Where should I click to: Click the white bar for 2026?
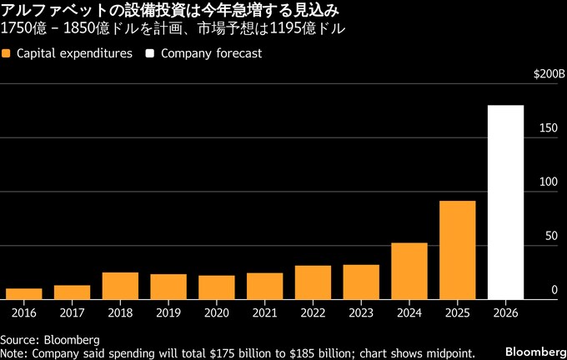pyautogui.click(x=505, y=202)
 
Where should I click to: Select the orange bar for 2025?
pyautogui.click(x=458, y=250)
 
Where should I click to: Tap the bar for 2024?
pyautogui.click(x=409, y=271)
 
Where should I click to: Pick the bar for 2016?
pyautogui.click(x=24, y=294)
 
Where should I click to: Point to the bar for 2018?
pyautogui.click(x=120, y=286)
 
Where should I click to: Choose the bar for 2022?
pyautogui.click(x=313, y=282)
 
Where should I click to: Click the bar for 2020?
pyautogui.click(x=217, y=287)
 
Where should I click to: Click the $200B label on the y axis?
pyautogui.click(x=549, y=75)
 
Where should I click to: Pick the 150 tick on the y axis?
pyautogui.click(x=548, y=128)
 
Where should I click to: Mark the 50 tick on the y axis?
pyautogui.click(x=551, y=236)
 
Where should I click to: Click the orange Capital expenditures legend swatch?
pyautogui.click(x=7, y=53)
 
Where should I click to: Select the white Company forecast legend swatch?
pyautogui.click(x=151, y=53)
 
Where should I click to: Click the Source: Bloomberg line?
pyautogui.click(x=50, y=340)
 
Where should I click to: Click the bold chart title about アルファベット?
pyautogui.click(x=170, y=11)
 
